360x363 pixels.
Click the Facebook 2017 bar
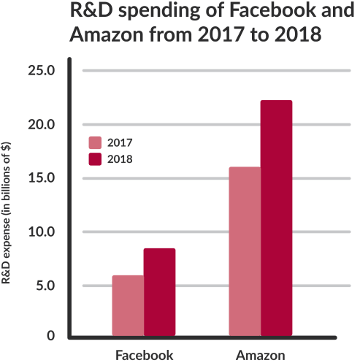coord(128,305)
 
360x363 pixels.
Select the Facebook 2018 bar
coord(159,292)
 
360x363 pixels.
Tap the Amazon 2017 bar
coord(245,251)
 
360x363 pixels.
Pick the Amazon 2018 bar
coord(276,218)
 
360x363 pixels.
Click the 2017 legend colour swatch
coord(95,142)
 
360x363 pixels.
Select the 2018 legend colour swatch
coord(95,159)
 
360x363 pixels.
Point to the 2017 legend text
coord(120,142)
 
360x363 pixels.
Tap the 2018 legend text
coord(120,159)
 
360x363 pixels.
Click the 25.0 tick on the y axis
coord(42,71)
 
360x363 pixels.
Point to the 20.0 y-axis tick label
coord(42,125)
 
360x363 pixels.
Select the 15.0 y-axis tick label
coord(42,178)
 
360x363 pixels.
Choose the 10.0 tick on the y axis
coord(42,232)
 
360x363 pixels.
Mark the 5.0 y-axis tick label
coord(45,286)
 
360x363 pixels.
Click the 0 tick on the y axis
coord(51,336)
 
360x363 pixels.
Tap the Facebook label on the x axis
coord(145,355)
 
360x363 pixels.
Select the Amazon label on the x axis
coord(261,355)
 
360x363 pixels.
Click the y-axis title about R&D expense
coord(6,213)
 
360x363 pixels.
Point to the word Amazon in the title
coord(107,34)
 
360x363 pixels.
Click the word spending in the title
coord(159,11)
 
